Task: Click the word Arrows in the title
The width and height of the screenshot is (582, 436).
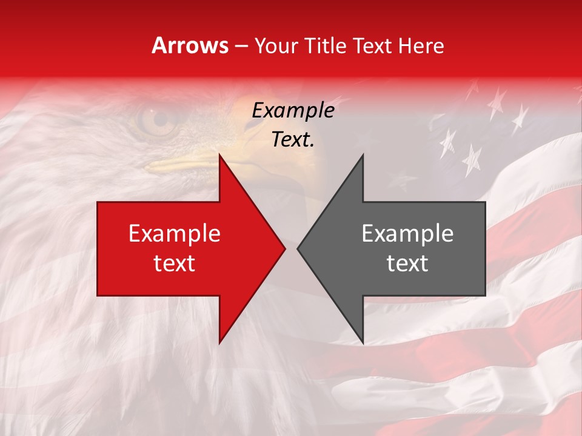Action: pos(190,45)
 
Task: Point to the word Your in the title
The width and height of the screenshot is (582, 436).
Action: pos(276,45)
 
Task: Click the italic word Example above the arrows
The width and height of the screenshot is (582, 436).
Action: pos(293,111)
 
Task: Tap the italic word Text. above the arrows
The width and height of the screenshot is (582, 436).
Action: pos(293,140)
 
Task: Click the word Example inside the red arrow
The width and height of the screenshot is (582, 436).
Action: pos(175,234)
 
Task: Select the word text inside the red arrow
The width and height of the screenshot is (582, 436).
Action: pos(175,263)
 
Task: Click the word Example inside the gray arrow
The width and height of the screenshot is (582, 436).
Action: pos(407,234)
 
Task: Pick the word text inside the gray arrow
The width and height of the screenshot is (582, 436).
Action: pos(407,263)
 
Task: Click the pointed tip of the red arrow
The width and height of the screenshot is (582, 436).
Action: pos(285,248)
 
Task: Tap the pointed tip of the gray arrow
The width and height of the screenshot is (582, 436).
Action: pos(297,248)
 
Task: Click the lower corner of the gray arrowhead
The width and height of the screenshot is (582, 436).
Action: pos(363,343)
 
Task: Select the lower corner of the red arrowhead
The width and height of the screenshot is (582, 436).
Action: pos(219,343)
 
